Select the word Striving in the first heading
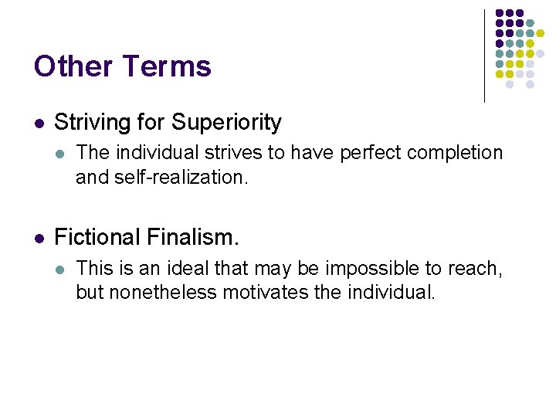pyautogui.click(x=85, y=122)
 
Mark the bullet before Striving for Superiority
pyautogui.click(x=39, y=123)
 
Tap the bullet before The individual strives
pyautogui.click(x=62, y=154)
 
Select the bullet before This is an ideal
pyautogui.click(x=62, y=269)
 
